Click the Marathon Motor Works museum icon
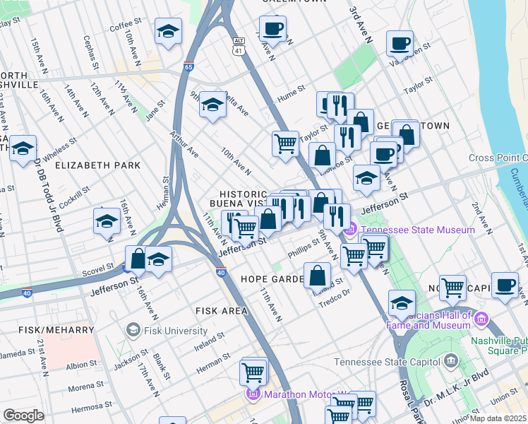click(252, 394)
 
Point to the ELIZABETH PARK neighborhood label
click(97, 165)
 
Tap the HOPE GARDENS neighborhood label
click(272, 279)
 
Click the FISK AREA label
click(222, 310)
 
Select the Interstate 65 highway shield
click(188, 66)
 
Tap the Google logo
click(23, 415)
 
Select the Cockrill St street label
click(76, 195)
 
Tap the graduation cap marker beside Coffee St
click(169, 32)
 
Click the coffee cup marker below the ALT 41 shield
click(272, 30)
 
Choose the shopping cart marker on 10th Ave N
click(285, 143)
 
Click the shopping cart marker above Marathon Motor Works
click(253, 370)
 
